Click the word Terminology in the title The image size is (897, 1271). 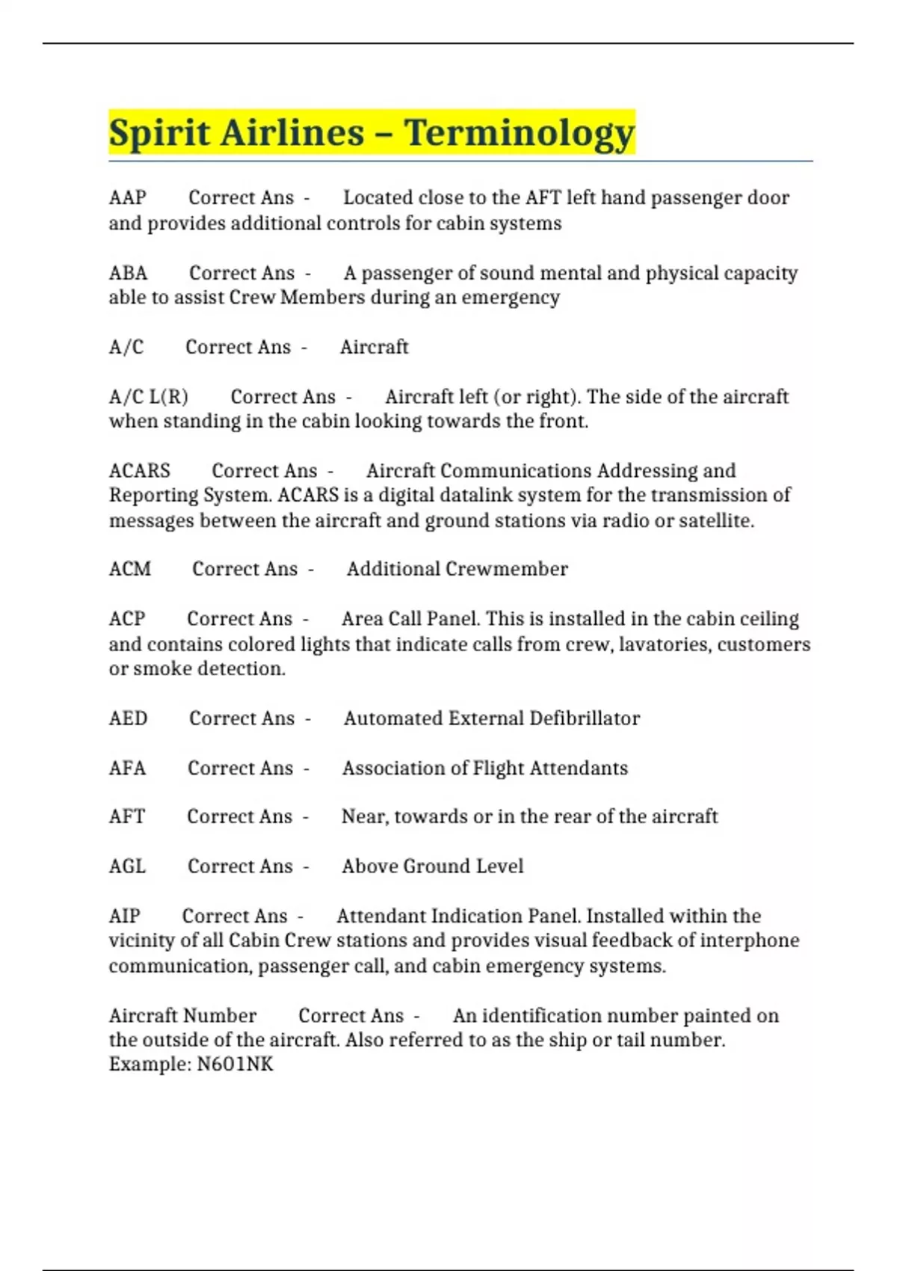tap(520, 133)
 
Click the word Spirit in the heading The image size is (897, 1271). tap(158, 133)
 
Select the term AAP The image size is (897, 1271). tap(127, 198)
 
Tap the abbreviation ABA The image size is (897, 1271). tap(128, 273)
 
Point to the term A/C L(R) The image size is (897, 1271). tap(148, 396)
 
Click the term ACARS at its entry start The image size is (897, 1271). tap(139, 471)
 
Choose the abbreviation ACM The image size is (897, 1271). tap(129, 569)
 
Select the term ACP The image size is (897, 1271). tap(126, 619)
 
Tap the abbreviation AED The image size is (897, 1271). tap(128, 718)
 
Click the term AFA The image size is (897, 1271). tap(127, 768)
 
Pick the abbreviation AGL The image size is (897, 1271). tap(127, 867)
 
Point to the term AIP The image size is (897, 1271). tap(124, 916)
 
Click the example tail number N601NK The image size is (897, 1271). tap(235, 1064)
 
